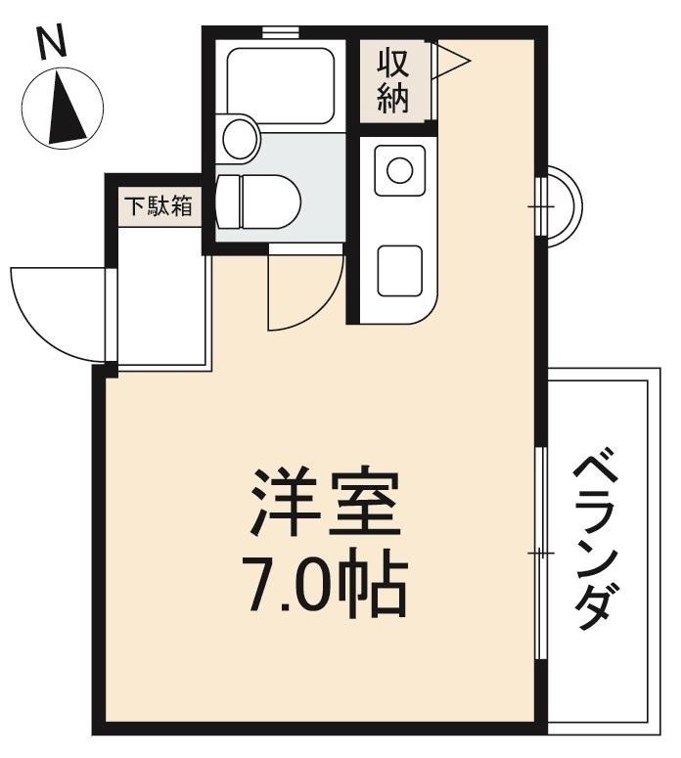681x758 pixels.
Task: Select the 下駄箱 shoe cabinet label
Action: (x=157, y=207)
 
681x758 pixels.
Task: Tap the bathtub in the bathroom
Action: (x=281, y=85)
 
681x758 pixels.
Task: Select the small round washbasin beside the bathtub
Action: (x=240, y=138)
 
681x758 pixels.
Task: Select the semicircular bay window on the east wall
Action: (x=563, y=207)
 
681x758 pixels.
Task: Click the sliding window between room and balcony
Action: (x=541, y=554)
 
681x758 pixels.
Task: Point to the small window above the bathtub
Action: (x=281, y=32)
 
